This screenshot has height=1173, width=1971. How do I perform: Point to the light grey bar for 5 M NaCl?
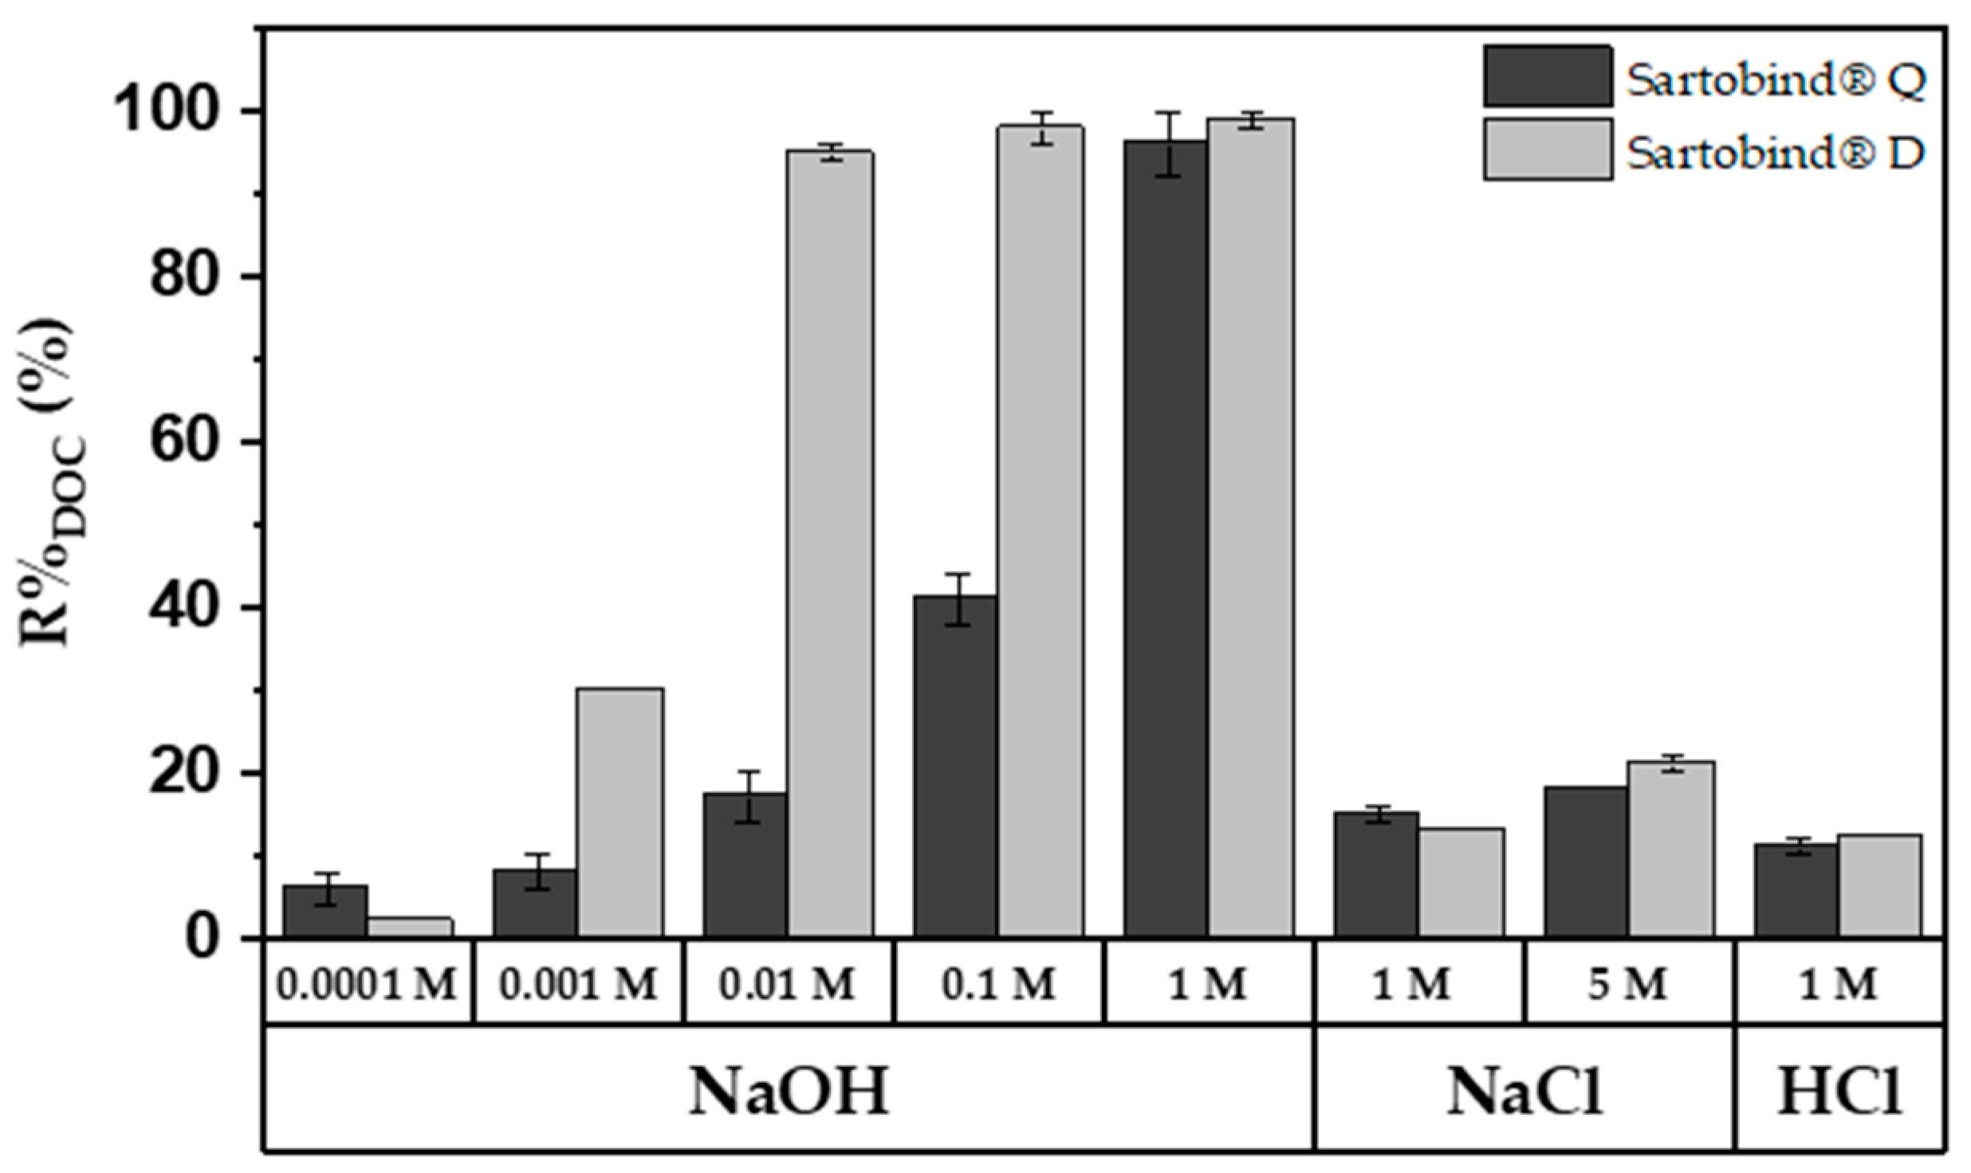[1671, 849]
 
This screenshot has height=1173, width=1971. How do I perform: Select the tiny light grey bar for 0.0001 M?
[410, 927]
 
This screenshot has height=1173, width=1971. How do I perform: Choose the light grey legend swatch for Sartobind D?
[1547, 149]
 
